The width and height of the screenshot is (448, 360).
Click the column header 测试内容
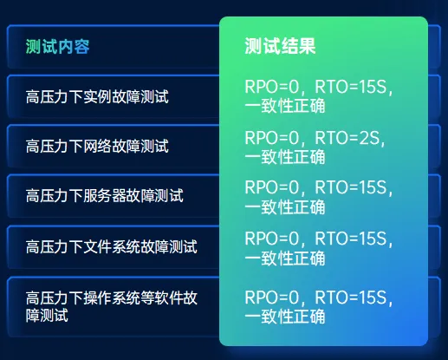click(58, 47)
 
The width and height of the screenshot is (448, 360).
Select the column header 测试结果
click(280, 47)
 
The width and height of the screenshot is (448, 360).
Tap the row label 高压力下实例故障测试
click(97, 95)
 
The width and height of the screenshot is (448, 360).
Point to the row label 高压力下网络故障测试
click(97, 145)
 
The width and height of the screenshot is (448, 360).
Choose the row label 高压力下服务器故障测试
click(104, 195)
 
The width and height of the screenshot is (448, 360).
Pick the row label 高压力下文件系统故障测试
click(111, 246)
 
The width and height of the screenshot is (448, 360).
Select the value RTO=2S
click(348, 138)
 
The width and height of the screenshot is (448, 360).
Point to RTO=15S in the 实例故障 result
click(354, 88)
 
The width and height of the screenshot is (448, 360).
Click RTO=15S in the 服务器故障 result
click(354, 187)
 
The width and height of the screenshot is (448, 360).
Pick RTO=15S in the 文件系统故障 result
click(354, 238)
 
